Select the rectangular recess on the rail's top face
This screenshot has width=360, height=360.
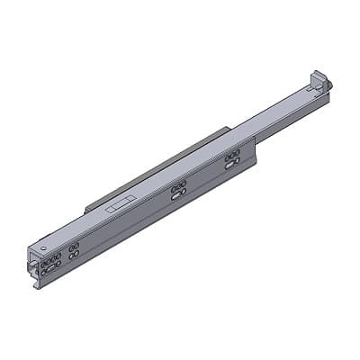point(117,204)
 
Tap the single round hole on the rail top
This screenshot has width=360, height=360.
point(43,246)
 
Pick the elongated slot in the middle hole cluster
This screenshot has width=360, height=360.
point(179,192)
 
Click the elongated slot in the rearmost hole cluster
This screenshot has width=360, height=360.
point(232,162)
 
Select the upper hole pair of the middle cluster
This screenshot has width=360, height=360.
point(179,184)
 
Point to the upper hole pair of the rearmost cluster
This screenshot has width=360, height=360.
point(232,155)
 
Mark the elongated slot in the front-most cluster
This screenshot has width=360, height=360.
point(52,265)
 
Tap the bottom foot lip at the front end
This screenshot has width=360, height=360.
point(38,285)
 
